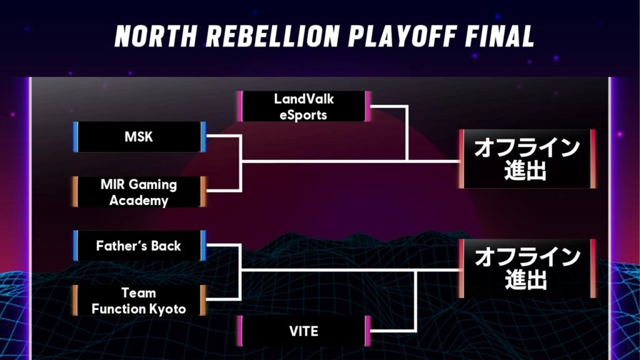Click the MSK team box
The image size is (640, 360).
click(139, 137)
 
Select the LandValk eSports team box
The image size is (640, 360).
click(304, 106)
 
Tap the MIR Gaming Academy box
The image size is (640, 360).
click(139, 192)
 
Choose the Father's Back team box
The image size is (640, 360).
click(139, 246)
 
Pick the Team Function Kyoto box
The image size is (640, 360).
click(139, 301)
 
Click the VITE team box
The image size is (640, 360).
click(304, 331)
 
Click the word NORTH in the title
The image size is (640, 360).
click(156, 36)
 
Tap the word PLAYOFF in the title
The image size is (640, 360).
click(402, 36)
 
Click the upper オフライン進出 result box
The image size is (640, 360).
click(527, 159)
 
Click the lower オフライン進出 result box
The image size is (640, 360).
click(527, 269)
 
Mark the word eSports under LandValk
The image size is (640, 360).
click(303, 115)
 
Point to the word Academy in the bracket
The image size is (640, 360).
click(139, 201)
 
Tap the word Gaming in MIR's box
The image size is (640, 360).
click(152, 184)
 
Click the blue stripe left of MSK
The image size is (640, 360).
click(76, 137)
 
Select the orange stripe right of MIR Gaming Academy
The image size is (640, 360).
click(203, 192)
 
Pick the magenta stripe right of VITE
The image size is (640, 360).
click(367, 331)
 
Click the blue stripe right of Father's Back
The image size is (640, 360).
click(203, 246)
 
